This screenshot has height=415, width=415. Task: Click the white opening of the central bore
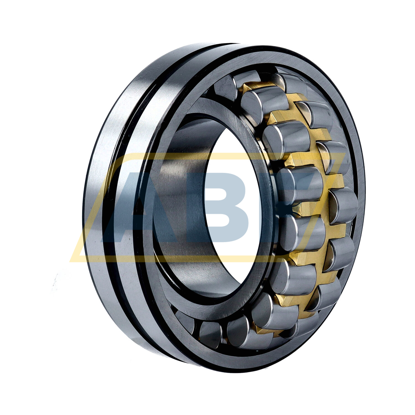click(x=234, y=210)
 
